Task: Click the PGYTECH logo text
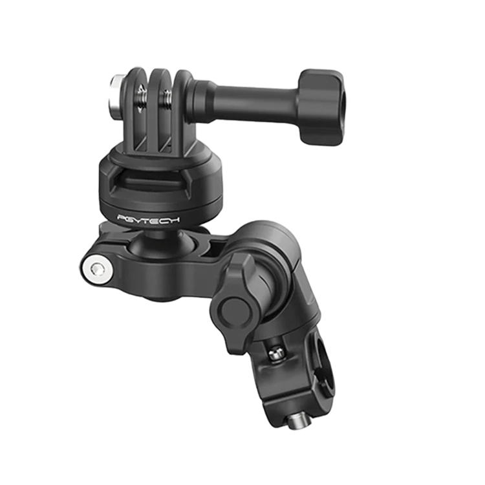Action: pos(148,219)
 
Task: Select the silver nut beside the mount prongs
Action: pos(116,97)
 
